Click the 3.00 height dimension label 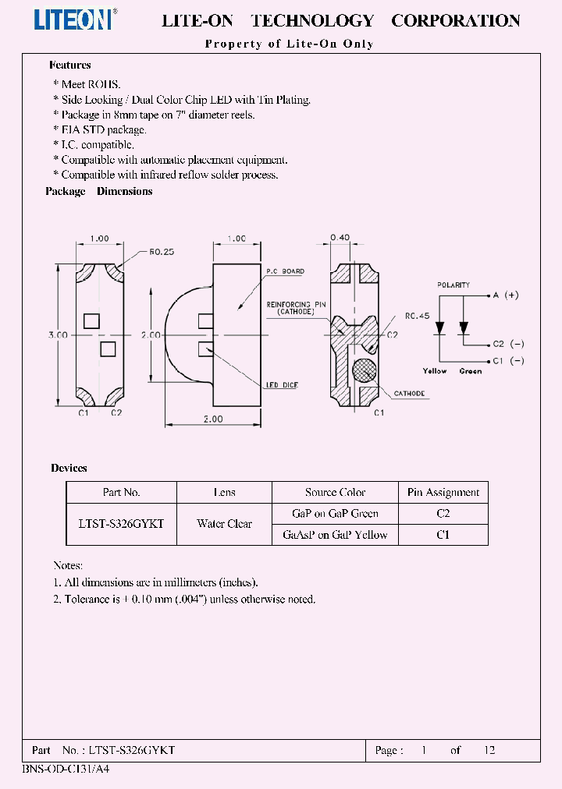coord(58,334)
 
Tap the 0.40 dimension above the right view coord(340,237)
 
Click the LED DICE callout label coord(281,386)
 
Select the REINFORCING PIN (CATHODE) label coord(290,307)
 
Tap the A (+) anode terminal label coord(505,295)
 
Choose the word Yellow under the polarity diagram coord(435,371)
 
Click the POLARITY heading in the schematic coord(454,285)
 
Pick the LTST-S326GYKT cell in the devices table coord(122,524)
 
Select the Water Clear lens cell coord(224,524)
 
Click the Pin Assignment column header coord(443,492)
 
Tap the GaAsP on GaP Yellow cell coord(335,535)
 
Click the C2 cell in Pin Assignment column coord(443,514)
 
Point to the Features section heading coord(70,65)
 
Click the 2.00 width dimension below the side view coord(213,419)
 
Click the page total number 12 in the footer coord(489,750)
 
